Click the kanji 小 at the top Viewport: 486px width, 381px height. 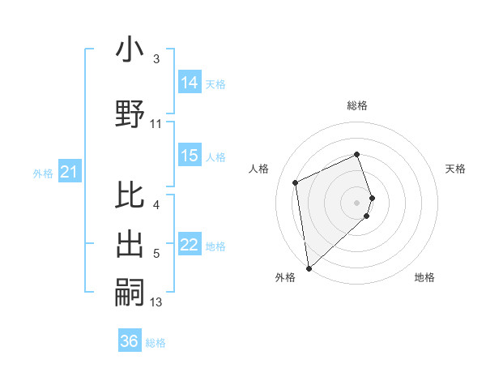pyautogui.click(x=130, y=50)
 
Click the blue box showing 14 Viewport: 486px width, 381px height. pyautogui.click(x=190, y=83)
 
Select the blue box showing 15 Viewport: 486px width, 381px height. pyautogui.click(x=190, y=156)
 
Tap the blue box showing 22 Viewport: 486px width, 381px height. pyautogui.click(x=190, y=246)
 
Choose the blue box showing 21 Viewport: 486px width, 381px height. pyautogui.click(x=69, y=172)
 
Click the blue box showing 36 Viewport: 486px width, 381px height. pyautogui.click(x=130, y=341)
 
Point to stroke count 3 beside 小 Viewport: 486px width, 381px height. pyautogui.click(x=156, y=59)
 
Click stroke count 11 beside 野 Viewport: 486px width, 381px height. pyautogui.click(x=156, y=124)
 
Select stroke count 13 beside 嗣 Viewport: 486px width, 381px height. pyautogui.click(x=156, y=303)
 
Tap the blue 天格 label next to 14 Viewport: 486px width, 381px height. pyautogui.click(x=215, y=83)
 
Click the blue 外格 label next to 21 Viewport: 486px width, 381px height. pyautogui.click(x=43, y=173)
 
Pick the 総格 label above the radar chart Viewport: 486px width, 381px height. pyautogui.click(x=357, y=105)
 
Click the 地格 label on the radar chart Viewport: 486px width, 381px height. pyautogui.click(x=424, y=277)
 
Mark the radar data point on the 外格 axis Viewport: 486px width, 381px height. pyautogui.click(x=309, y=268)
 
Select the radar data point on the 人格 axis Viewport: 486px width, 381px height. pyautogui.click(x=296, y=182)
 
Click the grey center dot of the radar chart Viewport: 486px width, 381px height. pyautogui.click(x=357, y=202)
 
